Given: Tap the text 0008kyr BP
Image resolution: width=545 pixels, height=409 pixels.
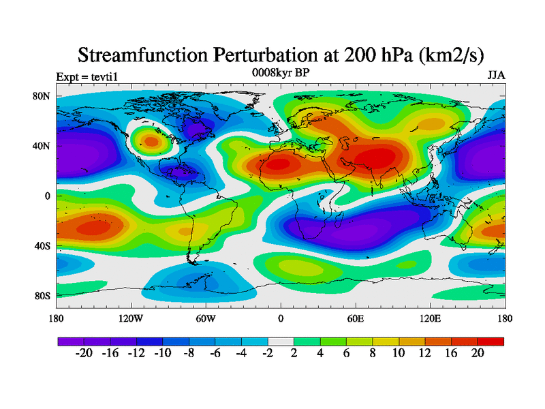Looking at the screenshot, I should click(x=280, y=72).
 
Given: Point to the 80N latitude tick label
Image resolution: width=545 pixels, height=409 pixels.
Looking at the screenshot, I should click(x=42, y=96).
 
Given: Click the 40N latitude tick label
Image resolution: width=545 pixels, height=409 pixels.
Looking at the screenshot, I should click(x=42, y=146).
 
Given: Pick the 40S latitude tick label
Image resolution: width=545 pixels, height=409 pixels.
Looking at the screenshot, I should click(x=42, y=245).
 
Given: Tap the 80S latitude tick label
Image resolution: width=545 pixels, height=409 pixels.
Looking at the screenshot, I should click(x=42, y=295).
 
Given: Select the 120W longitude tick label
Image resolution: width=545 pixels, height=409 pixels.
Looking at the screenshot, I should click(x=131, y=318).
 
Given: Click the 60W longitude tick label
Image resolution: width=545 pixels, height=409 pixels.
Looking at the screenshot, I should click(x=206, y=318).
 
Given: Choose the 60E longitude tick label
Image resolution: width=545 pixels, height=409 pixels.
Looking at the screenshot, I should click(x=356, y=318).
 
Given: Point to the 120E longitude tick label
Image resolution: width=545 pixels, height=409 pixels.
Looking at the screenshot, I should click(x=431, y=318).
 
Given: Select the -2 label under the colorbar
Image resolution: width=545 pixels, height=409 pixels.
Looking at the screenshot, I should click(x=268, y=354).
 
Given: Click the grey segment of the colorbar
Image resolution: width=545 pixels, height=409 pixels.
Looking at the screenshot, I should click(x=281, y=341).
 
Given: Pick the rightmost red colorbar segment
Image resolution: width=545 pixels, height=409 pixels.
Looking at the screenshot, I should click(x=490, y=341).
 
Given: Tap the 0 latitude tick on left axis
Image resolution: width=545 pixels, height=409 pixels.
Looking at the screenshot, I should click(x=48, y=196).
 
